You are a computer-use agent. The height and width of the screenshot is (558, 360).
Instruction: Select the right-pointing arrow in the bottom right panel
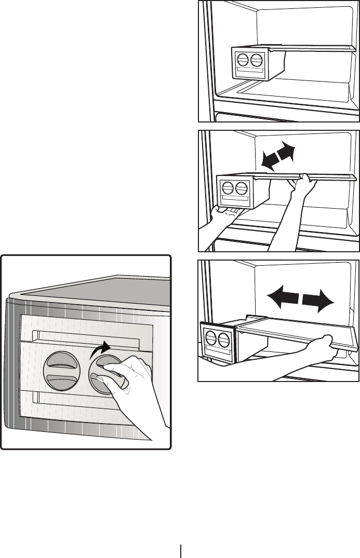[x=317, y=300]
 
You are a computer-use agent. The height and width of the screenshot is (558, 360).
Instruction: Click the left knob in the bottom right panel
[x=211, y=341]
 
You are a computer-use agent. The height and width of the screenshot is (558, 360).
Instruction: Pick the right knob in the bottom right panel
[x=224, y=341]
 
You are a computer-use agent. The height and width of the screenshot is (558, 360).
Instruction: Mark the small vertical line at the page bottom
[x=181, y=551]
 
